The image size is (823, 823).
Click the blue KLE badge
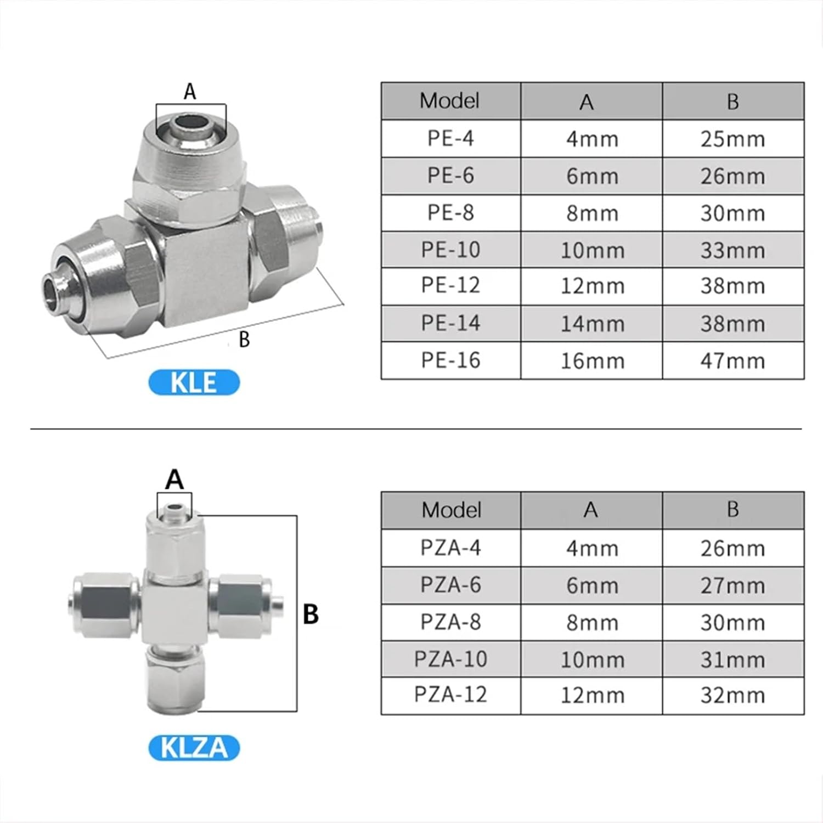point(194,382)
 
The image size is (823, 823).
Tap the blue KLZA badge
point(194,748)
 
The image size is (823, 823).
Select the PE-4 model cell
point(450,138)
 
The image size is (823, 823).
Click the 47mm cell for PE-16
point(732,361)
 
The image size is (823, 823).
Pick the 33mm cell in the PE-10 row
point(732,250)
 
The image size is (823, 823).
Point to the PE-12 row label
point(450,285)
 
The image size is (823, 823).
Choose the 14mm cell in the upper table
point(592,324)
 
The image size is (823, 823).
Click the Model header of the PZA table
point(451,510)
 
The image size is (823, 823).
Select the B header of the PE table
point(732,102)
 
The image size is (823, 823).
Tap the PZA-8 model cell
point(450,622)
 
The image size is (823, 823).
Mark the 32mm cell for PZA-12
point(732,695)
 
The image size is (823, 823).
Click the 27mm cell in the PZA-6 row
point(732,585)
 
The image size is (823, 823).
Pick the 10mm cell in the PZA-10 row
point(592,659)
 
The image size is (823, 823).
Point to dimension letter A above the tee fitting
point(190,92)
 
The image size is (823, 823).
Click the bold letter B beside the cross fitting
point(311,614)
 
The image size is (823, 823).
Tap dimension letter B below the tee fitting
point(244,340)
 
